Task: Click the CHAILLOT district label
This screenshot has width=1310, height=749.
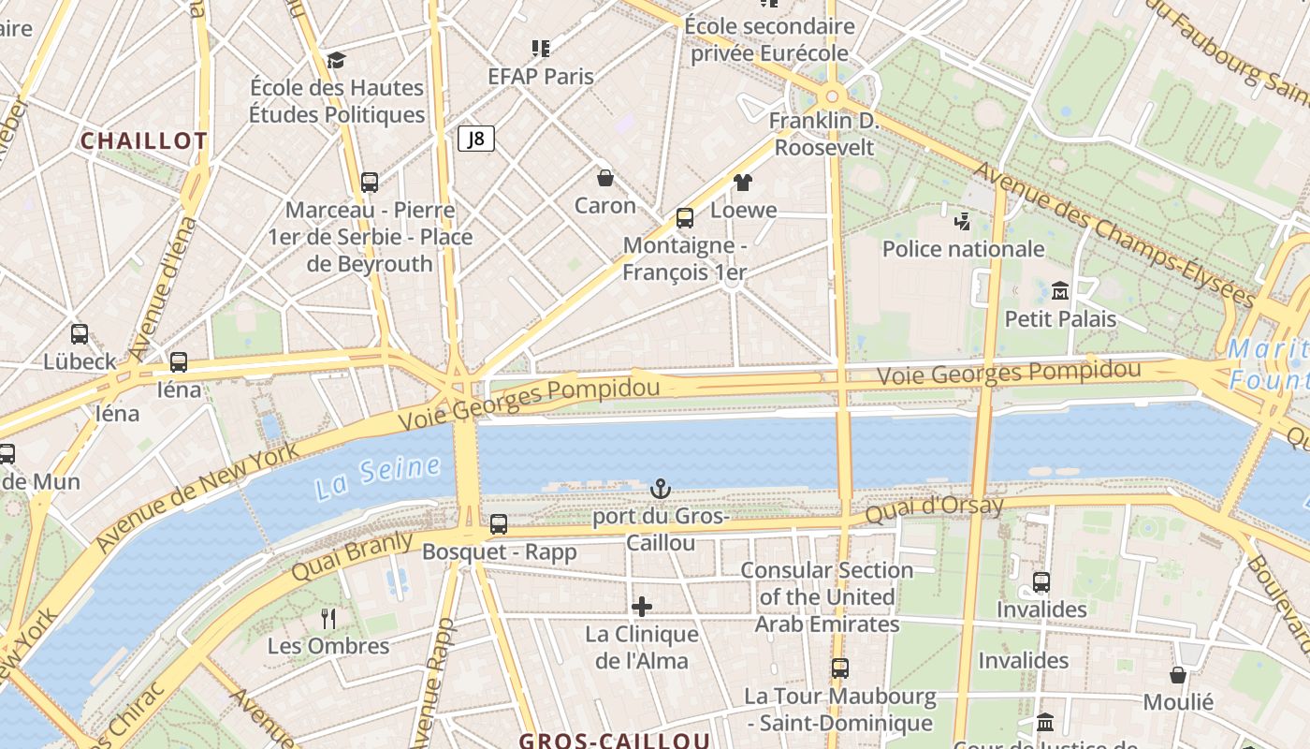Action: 143,141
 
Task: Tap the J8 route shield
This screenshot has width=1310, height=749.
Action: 476,140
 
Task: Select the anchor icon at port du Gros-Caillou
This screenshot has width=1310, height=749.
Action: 661,489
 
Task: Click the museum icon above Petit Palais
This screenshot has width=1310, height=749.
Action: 1060,291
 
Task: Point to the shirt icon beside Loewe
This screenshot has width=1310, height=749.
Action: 743,183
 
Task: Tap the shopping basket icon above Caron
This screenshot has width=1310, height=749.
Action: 605,178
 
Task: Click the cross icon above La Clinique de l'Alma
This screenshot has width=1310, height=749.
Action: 642,607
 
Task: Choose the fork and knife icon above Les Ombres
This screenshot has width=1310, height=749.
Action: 328,618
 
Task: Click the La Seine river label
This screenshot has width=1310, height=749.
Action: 377,476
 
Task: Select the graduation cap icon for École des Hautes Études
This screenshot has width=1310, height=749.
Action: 337,61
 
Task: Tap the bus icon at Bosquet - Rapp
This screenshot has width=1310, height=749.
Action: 499,524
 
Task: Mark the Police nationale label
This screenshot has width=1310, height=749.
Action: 964,249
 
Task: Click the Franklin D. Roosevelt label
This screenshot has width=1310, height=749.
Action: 824,134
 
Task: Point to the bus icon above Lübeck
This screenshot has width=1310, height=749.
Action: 80,334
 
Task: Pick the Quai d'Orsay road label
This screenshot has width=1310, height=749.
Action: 934,509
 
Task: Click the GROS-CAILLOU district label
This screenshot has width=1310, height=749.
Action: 615,741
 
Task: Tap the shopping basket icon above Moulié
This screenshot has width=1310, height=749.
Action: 1178,675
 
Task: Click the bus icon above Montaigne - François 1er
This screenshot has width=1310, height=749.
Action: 685,218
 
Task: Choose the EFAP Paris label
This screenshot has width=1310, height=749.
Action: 541,77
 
